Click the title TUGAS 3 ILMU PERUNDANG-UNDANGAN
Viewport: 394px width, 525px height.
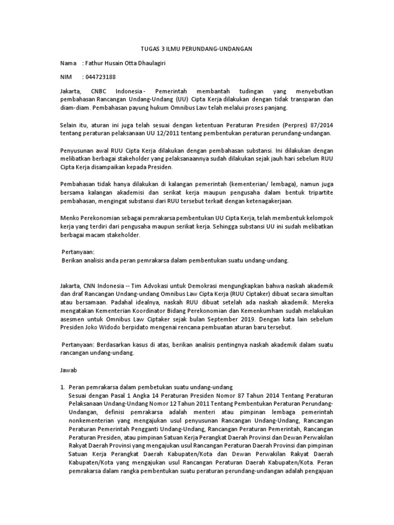click(x=196, y=49)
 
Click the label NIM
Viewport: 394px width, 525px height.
click(x=66, y=77)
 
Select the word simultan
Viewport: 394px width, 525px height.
click(x=321, y=294)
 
